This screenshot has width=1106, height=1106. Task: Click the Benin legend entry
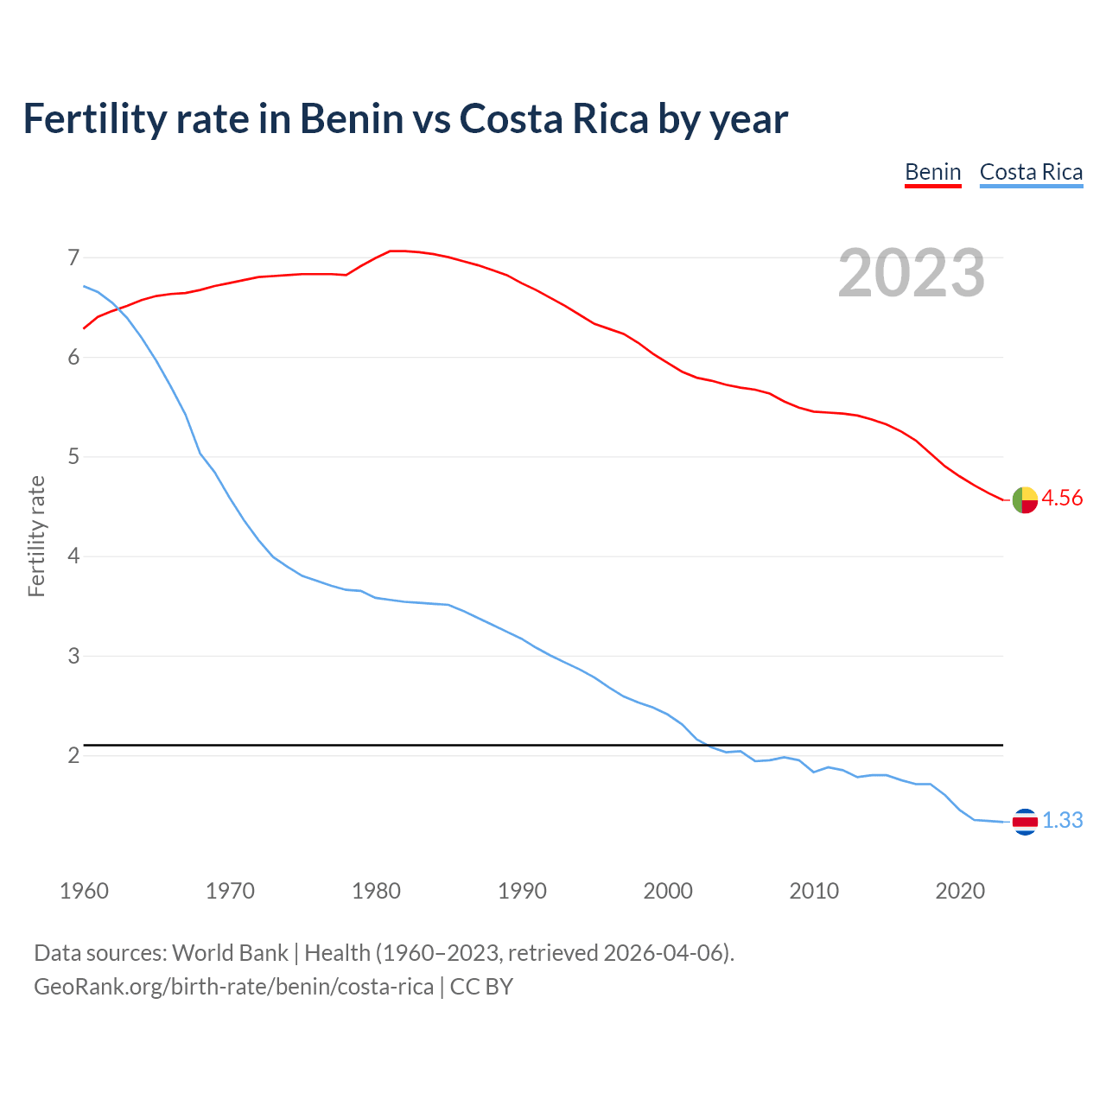[x=932, y=172]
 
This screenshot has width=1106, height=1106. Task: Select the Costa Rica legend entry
[x=1031, y=172]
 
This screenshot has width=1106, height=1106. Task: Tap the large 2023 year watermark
[x=911, y=273]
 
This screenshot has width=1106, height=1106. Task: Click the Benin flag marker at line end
[x=1025, y=499]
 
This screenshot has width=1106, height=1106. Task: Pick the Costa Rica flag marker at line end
[x=1025, y=821]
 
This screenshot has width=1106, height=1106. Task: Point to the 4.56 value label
[x=1062, y=499]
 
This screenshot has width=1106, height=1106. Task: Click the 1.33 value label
[x=1062, y=820]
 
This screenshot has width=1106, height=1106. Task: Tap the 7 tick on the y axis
[x=73, y=257]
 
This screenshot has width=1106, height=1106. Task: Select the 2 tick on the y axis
[x=73, y=755]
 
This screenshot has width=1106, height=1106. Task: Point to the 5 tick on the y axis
[x=73, y=456]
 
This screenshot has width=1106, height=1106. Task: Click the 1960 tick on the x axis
[x=84, y=891]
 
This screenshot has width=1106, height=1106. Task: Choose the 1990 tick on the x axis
[x=522, y=891]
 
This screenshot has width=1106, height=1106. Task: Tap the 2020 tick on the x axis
[x=960, y=891]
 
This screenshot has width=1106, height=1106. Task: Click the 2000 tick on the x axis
[x=668, y=891]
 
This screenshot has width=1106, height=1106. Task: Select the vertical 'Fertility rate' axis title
[x=36, y=536]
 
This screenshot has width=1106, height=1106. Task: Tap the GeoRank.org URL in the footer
[x=233, y=987]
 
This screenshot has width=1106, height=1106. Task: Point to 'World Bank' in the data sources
[x=230, y=953]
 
